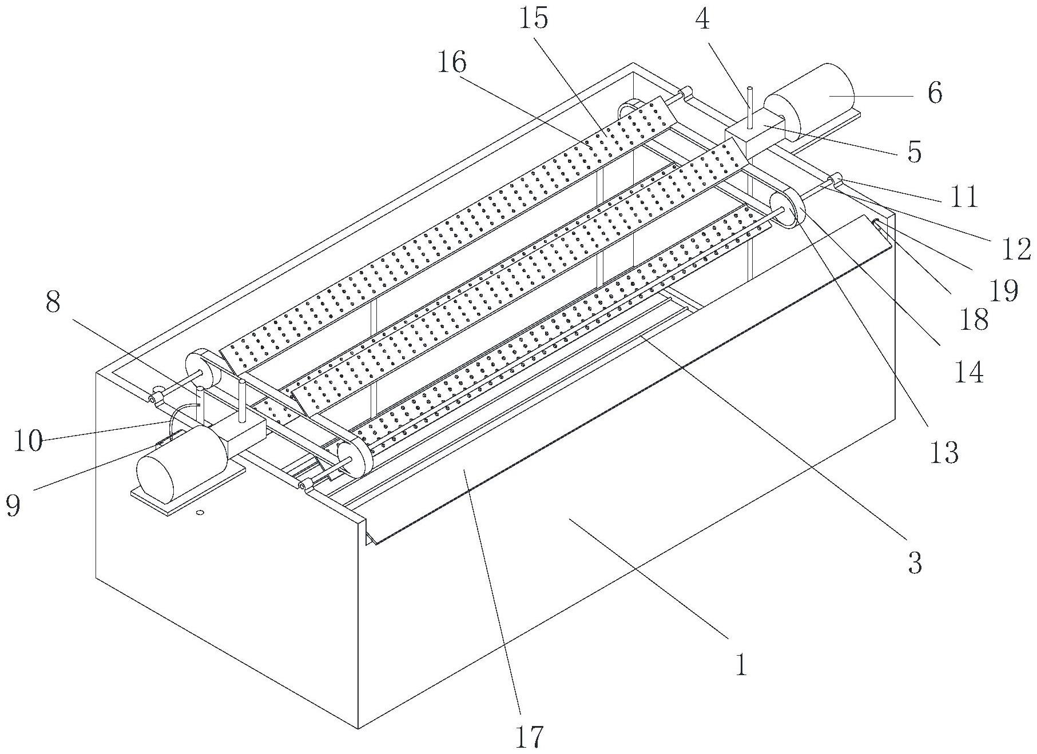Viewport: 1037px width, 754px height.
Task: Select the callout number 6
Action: coord(935,93)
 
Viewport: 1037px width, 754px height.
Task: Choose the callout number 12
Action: coord(1016,249)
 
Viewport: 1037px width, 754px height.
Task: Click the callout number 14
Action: coord(968,373)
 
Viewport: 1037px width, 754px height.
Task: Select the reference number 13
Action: coord(944,453)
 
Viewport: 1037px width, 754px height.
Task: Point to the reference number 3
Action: coord(915,564)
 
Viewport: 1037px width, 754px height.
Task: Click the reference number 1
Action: coord(741,665)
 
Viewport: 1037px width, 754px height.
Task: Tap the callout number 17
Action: coord(529,736)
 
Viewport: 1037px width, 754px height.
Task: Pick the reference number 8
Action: coord(53,302)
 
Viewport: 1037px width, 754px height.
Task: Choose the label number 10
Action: coord(28,441)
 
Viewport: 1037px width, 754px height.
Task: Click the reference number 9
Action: coord(13,506)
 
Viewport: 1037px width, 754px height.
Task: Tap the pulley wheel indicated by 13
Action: coord(787,210)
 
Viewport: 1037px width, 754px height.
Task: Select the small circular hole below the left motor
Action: coord(200,512)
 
